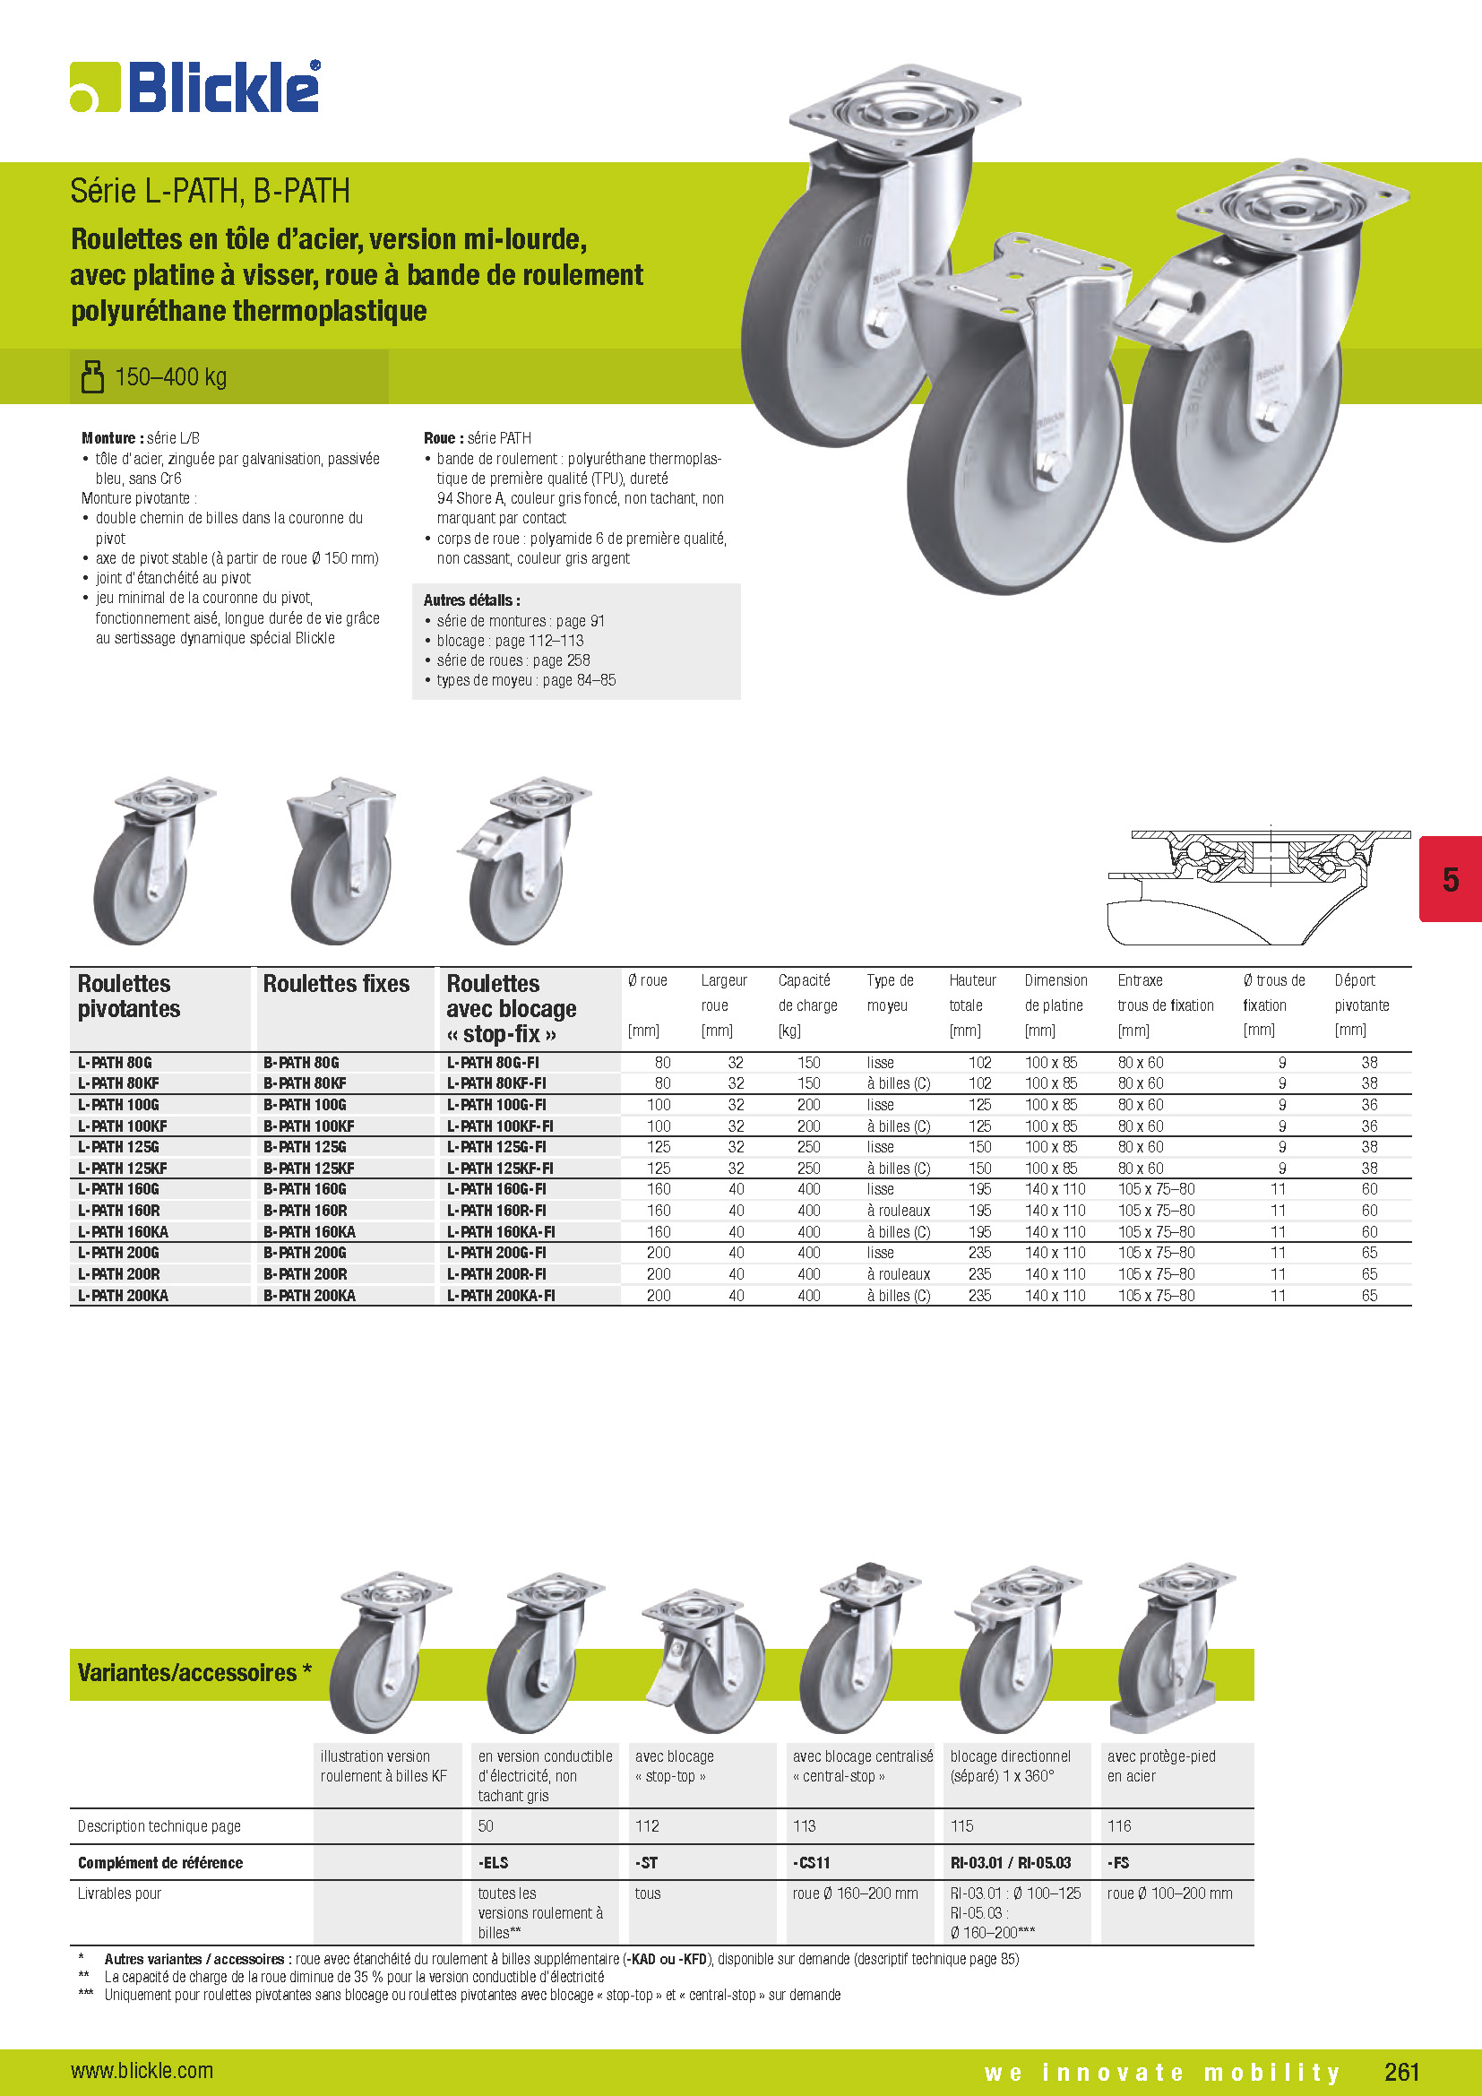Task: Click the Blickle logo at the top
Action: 195,88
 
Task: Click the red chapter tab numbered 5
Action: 1449,879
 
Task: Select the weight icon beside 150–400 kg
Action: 92,376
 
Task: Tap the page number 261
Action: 1400,2071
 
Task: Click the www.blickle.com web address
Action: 142,2070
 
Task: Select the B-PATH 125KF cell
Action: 308,1169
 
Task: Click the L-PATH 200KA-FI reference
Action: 500,1296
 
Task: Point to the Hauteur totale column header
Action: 972,1005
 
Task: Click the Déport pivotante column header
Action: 1361,1005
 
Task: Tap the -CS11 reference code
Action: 811,1863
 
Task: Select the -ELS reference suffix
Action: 493,1863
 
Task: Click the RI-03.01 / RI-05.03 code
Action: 1010,1863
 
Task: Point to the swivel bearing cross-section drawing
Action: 1259,885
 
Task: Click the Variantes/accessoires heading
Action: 194,1673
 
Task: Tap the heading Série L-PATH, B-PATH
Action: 210,191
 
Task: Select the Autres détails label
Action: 471,599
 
